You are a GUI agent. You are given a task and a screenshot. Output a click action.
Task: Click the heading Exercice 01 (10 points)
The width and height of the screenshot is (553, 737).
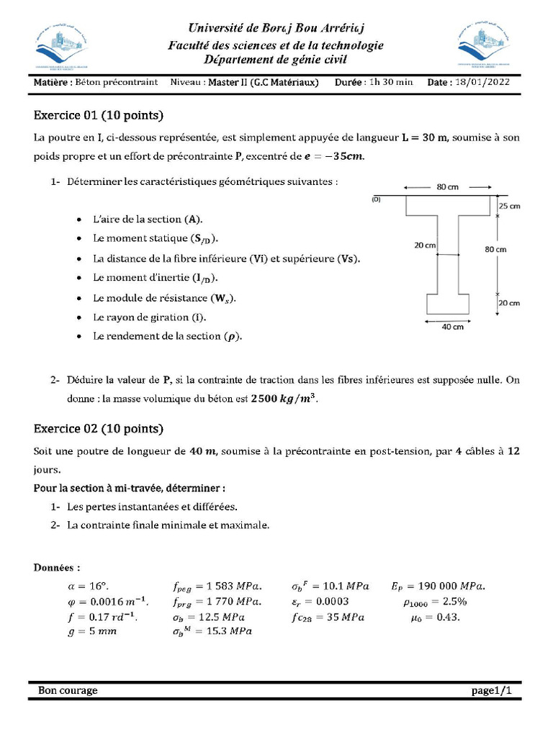click(99, 115)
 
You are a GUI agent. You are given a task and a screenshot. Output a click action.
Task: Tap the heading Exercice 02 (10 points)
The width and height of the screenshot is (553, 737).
click(99, 429)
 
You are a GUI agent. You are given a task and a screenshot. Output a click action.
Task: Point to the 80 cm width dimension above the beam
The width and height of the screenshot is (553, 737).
click(447, 187)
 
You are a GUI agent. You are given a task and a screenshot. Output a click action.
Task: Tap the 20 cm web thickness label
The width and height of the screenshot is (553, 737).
click(425, 245)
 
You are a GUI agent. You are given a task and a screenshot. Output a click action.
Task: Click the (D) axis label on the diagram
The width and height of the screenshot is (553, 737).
click(376, 199)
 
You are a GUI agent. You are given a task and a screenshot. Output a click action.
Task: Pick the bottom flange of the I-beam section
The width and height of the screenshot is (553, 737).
click(449, 304)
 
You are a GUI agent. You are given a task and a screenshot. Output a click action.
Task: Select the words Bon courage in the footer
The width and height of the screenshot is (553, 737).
click(68, 690)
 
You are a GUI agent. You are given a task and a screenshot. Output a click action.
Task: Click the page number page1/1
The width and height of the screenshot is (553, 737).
click(491, 690)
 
